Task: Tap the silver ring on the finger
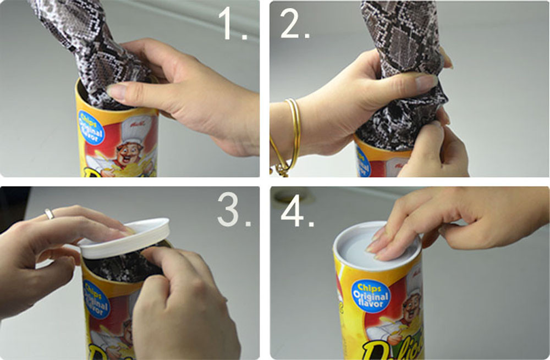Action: [x=50, y=214]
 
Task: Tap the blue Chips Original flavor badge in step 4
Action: [x=372, y=297]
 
